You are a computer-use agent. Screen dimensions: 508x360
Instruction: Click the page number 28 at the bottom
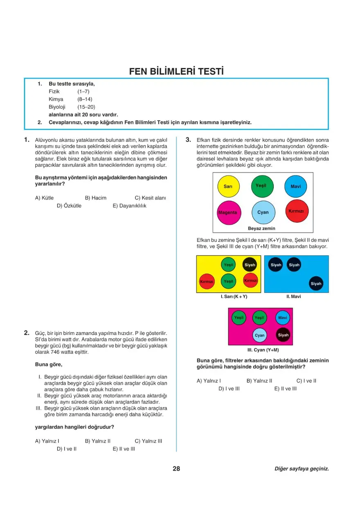(176, 469)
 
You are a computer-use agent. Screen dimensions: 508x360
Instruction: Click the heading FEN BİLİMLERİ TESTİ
(176, 71)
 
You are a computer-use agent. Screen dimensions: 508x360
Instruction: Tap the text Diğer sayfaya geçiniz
(301, 469)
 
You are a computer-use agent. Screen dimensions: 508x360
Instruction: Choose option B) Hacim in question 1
(95, 198)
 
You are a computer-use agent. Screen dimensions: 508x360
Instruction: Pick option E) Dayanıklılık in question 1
(129, 206)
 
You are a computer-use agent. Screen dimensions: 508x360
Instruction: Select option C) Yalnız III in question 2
(148, 441)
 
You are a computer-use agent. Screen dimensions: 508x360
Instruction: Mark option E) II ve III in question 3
(286, 389)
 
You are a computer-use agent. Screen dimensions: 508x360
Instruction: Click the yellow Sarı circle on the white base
(228, 187)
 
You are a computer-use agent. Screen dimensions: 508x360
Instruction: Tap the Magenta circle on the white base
(228, 213)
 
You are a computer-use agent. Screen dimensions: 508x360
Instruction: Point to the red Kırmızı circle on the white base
(296, 211)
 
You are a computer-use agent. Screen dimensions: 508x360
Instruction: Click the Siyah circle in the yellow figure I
(250, 265)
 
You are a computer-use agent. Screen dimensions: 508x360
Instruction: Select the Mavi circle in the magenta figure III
(283, 318)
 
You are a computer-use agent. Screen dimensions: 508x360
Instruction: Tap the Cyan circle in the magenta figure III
(260, 335)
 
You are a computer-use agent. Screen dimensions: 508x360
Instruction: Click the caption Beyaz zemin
(262, 228)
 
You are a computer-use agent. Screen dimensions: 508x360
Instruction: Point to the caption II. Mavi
(293, 297)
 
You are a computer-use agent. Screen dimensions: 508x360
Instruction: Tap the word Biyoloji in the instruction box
(57, 107)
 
